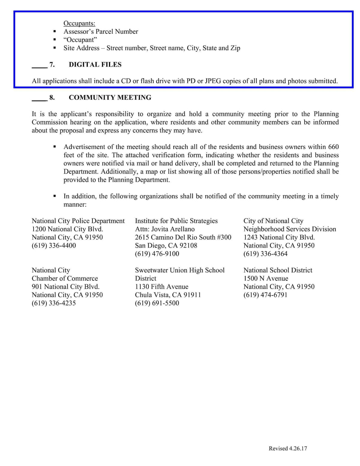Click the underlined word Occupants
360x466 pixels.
(79, 23)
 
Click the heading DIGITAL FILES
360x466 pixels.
(95, 65)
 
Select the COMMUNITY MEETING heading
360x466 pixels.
(110, 98)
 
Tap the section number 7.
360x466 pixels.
(52, 65)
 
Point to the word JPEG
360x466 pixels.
(213, 81)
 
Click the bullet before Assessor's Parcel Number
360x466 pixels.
(55, 32)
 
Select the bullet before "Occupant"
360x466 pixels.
(55, 40)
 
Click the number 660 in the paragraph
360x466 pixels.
(333, 147)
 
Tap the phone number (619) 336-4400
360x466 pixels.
(54, 245)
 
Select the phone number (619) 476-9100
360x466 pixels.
(157, 254)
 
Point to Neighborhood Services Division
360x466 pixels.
(289, 229)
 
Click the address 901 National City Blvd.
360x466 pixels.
(65, 287)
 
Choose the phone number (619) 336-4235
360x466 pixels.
(54, 303)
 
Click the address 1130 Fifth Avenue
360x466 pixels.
(161, 287)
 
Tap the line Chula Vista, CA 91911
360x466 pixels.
(168, 295)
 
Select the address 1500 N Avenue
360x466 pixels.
(265, 278)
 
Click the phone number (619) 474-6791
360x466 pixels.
(265, 295)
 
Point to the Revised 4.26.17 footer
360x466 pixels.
(288, 448)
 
